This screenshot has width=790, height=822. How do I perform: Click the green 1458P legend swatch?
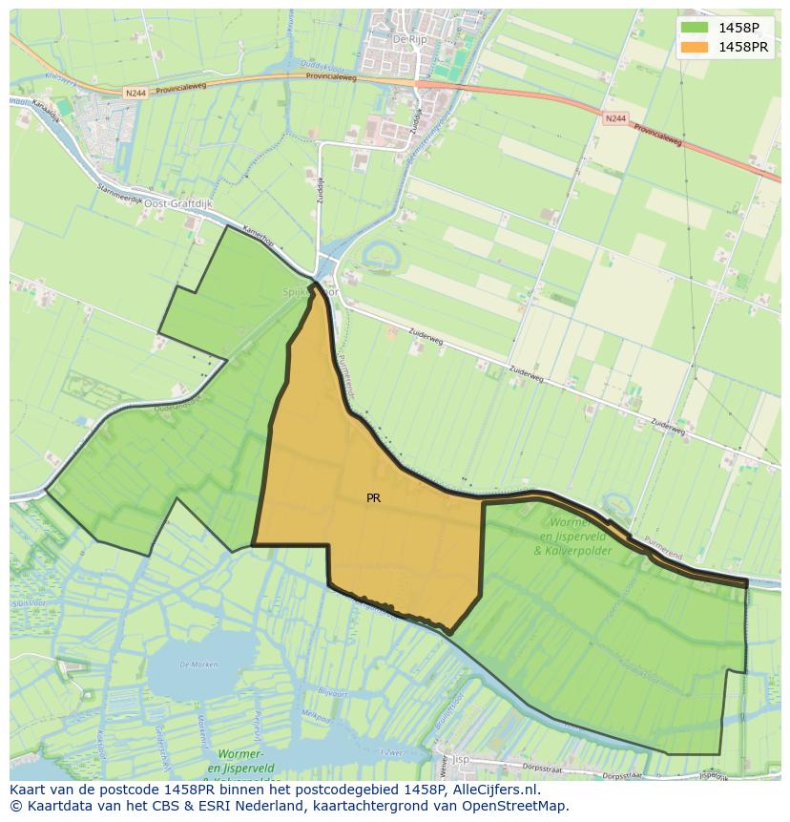pyautogui.click(x=695, y=28)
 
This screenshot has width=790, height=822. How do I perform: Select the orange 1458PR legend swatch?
pyautogui.click(x=695, y=47)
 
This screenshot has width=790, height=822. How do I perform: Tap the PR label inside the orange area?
pyautogui.click(x=373, y=497)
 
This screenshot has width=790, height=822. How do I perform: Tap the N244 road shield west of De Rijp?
pyautogui.click(x=135, y=94)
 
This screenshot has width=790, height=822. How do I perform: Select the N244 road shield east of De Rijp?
pyautogui.click(x=615, y=117)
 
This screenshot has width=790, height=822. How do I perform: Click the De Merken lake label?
pyautogui.click(x=197, y=664)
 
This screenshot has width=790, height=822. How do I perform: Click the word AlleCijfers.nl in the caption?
pyautogui.click(x=495, y=790)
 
